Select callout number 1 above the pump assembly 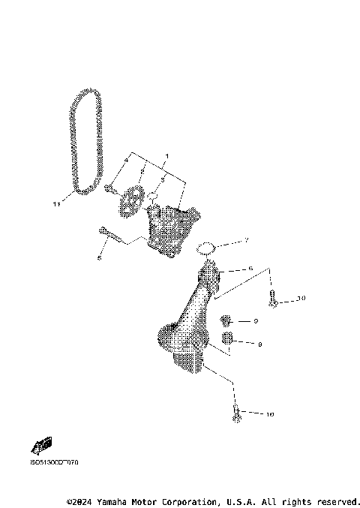[166, 155]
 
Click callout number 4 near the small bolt [126, 160]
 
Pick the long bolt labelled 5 [109, 235]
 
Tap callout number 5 [99, 258]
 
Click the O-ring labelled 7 [207, 248]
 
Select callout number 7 [245, 241]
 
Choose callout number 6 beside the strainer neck [250, 268]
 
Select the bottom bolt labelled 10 [237, 413]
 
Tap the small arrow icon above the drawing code [43, 446]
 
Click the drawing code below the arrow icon [55, 463]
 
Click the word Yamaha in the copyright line [118, 500]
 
